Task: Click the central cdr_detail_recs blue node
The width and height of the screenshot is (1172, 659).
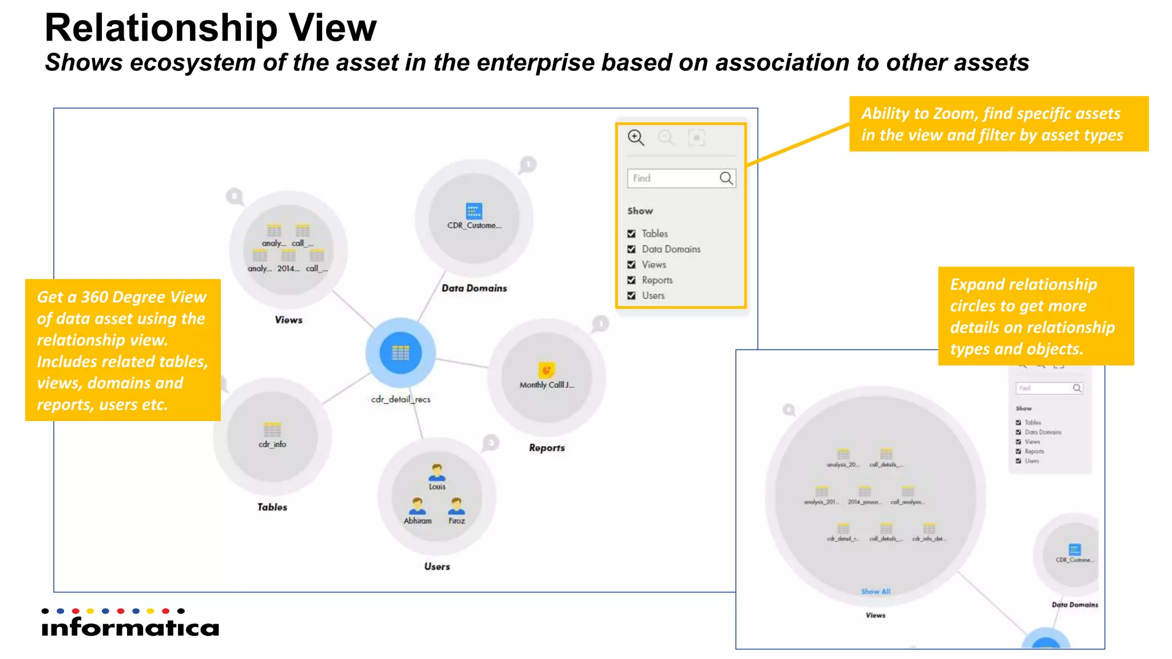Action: pyautogui.click(x=401, y=353)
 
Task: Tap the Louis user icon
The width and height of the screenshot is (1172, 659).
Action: pyautogui.click(x=437, y=473)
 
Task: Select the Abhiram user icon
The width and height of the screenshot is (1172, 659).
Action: pyautogui.click(x=418, y=506)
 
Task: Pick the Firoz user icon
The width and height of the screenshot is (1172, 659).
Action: pyautogui.click(x=457, y=506)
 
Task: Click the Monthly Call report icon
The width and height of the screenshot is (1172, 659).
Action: pyautogui.click(x=547, y=370)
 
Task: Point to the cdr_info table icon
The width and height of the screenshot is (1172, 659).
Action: pyautogui.click(x=272, y=430)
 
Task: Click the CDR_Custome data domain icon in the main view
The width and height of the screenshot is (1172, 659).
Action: pyautogui.click(x=474, y=211)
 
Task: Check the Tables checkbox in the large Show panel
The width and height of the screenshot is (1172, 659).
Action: pyautogui.click(x=631, y=233)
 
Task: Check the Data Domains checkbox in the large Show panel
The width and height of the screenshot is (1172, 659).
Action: pyautogui.click(x=631, y=249)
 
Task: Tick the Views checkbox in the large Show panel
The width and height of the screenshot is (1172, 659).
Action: pyautogui.click(x=631, y=264)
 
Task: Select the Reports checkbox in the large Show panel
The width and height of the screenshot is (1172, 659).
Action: pyautogui.click(x=631, y=280)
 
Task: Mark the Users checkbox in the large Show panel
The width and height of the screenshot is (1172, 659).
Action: pyautogui.click(x=631, y=295)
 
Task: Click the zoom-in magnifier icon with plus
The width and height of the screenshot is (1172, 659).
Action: pyautogui.click(x=636, y=137)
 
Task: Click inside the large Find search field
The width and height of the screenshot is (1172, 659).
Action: pyautogui.click(x=672, y=178)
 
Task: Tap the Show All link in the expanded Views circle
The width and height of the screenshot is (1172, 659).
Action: pyautogui.click(x=876, y=591)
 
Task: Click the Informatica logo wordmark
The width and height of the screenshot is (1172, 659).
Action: pyautogui.click(x=130, y=627)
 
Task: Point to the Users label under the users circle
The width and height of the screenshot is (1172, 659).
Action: pyautogui.click(x=437, y=566)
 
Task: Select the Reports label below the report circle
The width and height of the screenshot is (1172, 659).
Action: pyautogui.click(x=547, y=447)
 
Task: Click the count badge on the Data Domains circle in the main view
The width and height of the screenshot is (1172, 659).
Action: pyautogui.click(x=528, y=165)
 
